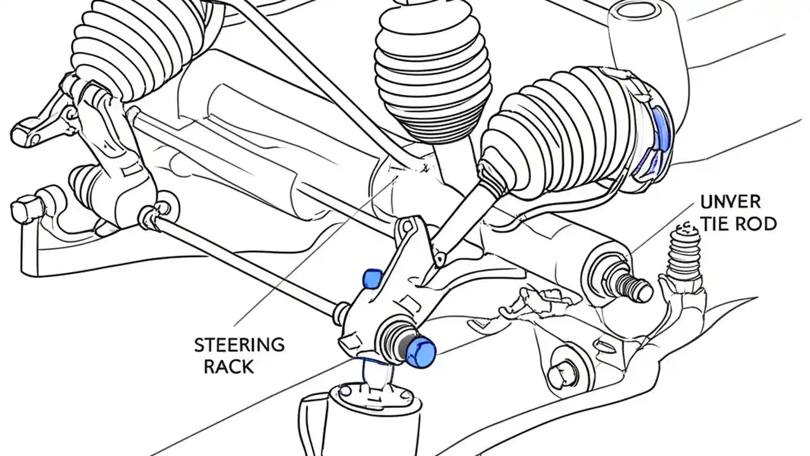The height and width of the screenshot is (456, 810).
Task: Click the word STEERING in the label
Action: click(239, 345)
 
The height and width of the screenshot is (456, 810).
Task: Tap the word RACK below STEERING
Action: click(228, 366)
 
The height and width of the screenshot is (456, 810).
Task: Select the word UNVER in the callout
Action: click(730, 202)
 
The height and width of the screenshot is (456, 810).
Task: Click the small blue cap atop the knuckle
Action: click(370, 277)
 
